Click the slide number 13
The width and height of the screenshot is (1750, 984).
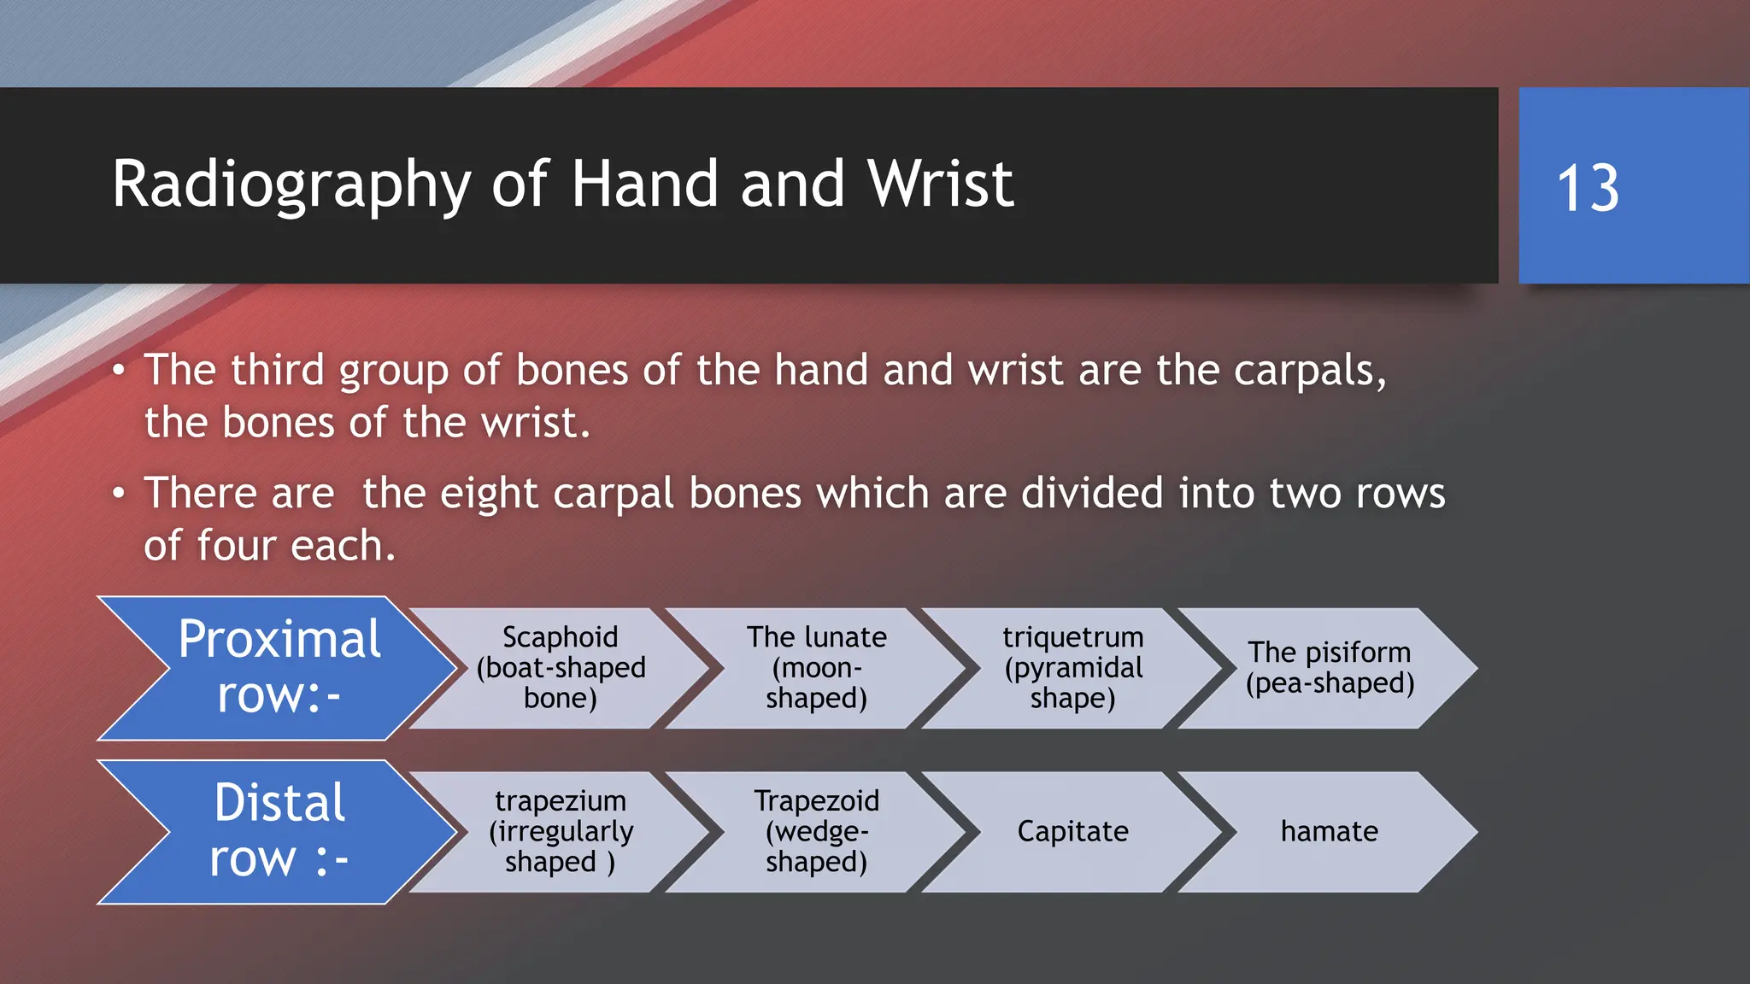tap(1588, 188)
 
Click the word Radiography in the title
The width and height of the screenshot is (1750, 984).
tap(291, 184)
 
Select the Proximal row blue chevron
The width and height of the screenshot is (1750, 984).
tap(278, 667)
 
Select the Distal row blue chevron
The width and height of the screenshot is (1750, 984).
tap(278, 831)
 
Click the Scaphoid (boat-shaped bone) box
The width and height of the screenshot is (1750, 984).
tap(560, 668)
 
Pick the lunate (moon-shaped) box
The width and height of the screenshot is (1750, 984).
tap(816, 668)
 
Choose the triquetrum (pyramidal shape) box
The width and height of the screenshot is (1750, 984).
tap(1072, 668)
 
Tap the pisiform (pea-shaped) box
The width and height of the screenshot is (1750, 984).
tap(1330, 668)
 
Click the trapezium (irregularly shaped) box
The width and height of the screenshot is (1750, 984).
tap(560, 832)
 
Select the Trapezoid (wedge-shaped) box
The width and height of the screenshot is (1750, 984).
tap(816, 832)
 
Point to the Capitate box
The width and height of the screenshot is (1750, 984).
tap(1072, 832)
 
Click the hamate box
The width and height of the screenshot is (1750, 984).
tap(1330, 832)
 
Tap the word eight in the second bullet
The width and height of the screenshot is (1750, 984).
tap(489, 495)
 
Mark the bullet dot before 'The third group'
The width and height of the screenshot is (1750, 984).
tap(119, 371)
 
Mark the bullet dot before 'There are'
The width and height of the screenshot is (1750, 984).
tap(119, 493)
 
